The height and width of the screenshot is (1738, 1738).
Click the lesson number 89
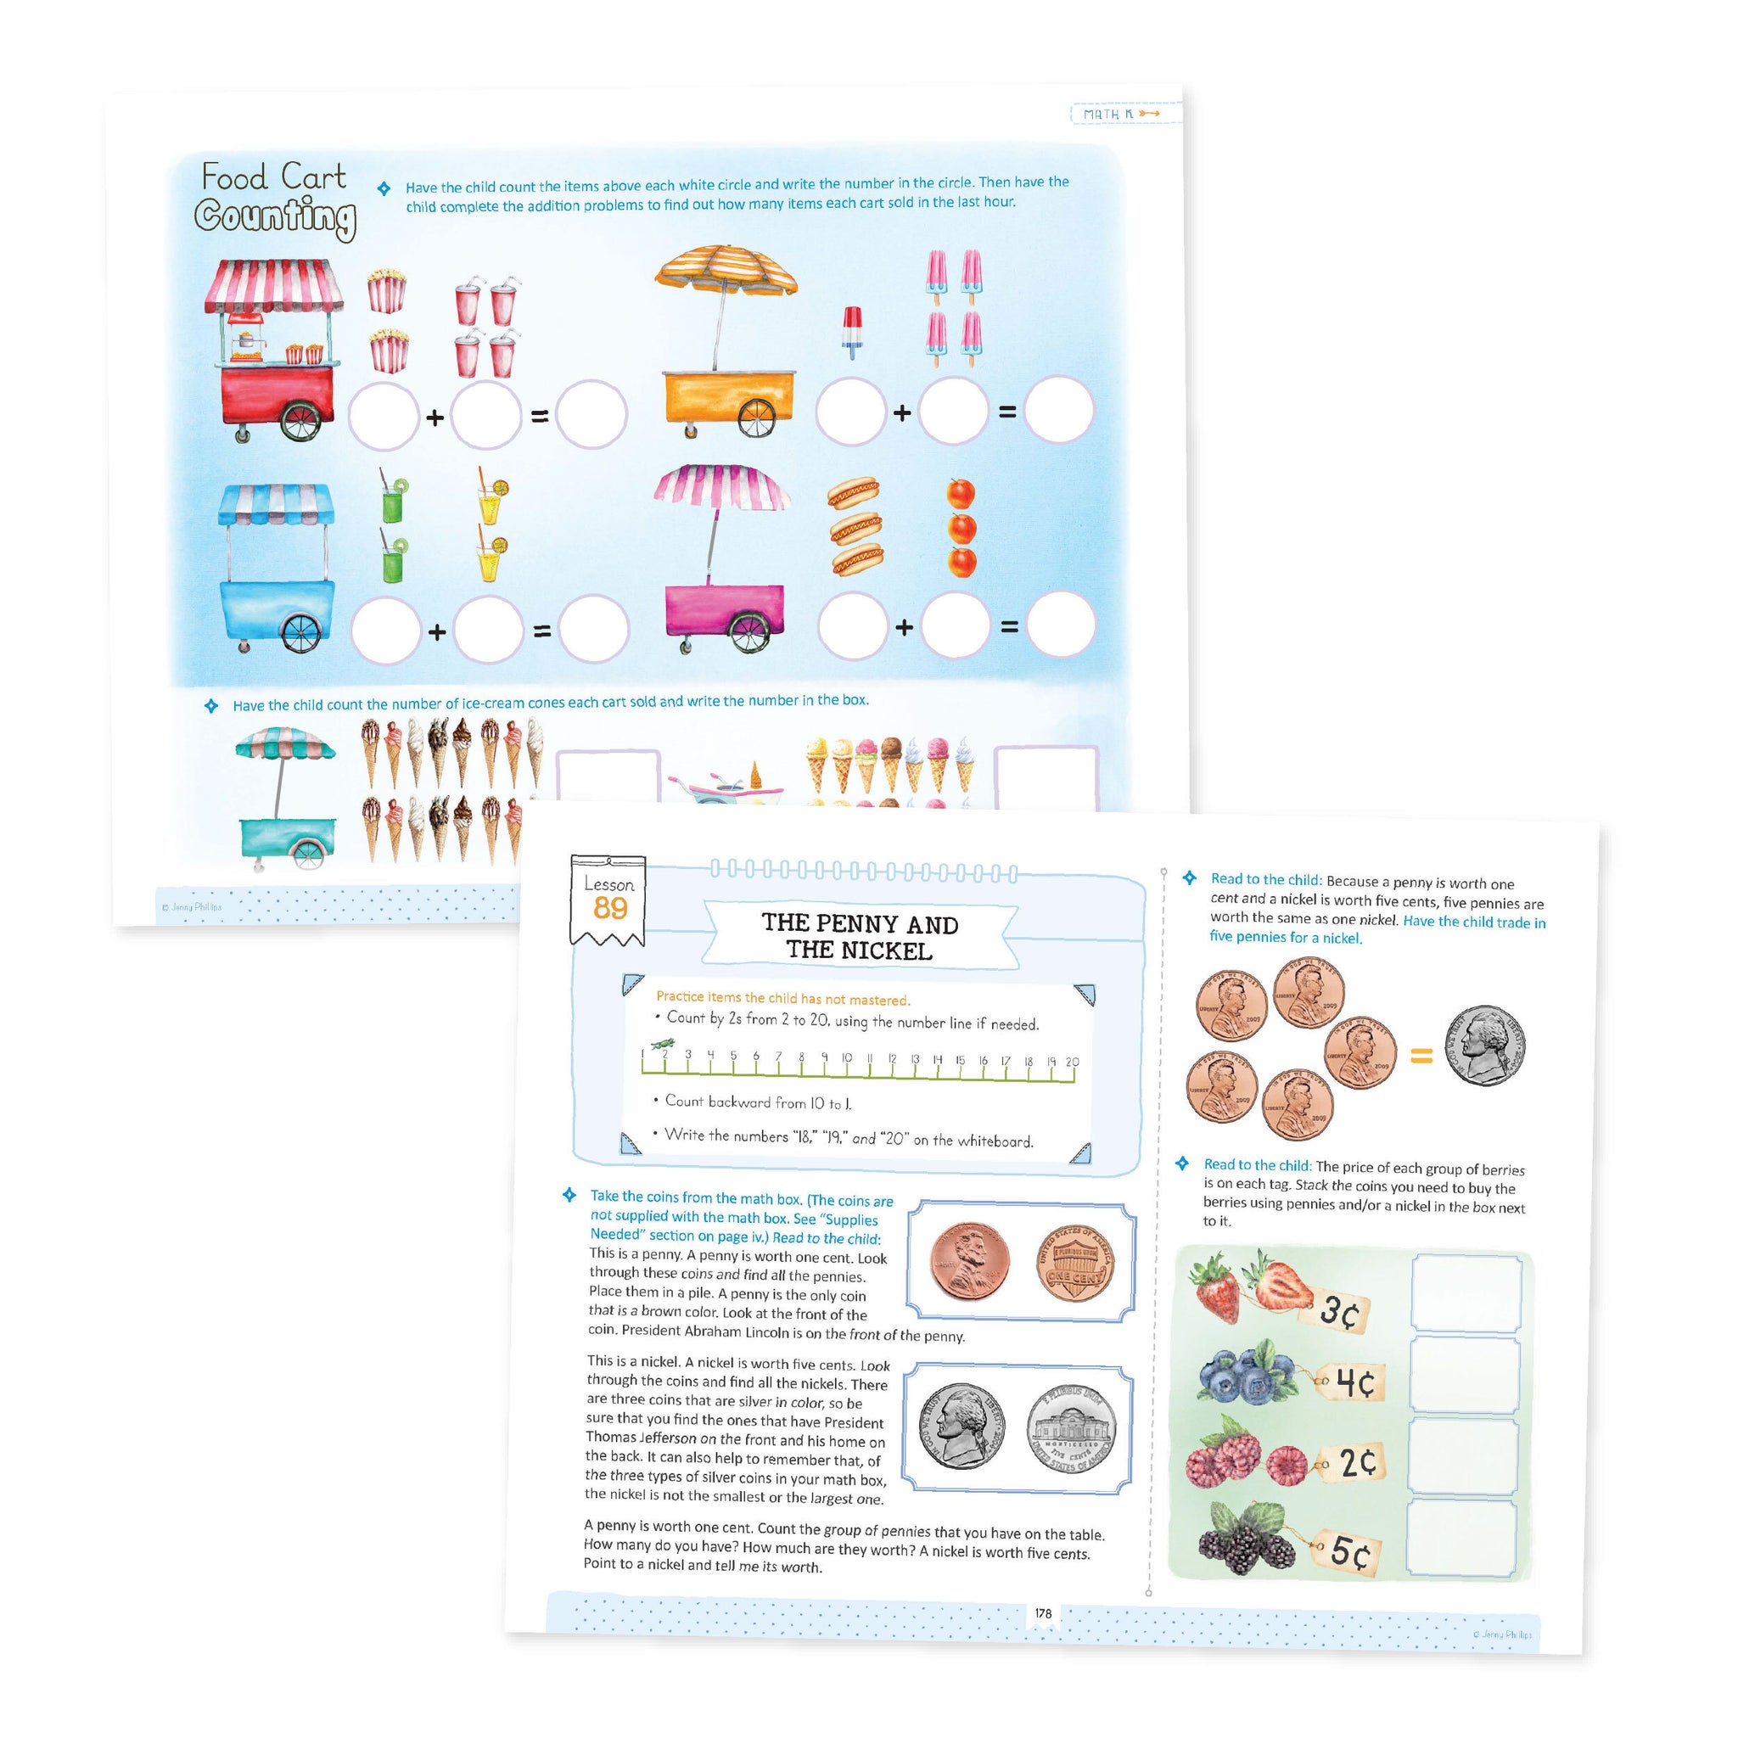pyautogui.click(x=610, y=908)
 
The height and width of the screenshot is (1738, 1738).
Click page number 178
pyautogui.click(x=1043, y=1613)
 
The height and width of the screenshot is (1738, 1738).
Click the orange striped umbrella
pyautogui.click(x=726, y=271)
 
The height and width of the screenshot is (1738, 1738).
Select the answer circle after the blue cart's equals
pyautogui.click(x=593, y=629)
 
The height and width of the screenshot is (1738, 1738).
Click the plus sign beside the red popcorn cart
pyautogui.click(x=434, y=418)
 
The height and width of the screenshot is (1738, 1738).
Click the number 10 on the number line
pyautogui.click(x=845, y=1058)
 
